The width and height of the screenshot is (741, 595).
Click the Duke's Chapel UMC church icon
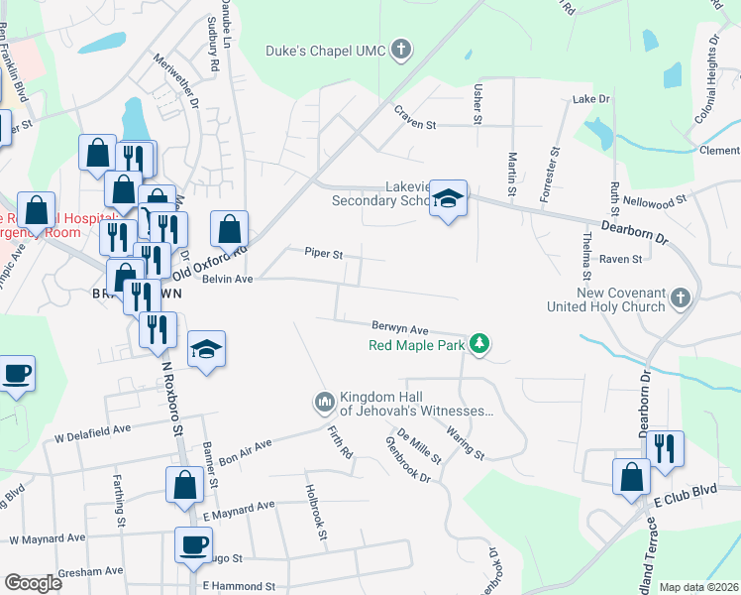pyautogui.click(x=401, y=50)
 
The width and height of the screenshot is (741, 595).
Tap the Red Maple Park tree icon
pyautogui.click(x=480, y=343)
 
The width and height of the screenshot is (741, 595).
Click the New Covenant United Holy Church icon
pyautogui.click(x=680, y=297)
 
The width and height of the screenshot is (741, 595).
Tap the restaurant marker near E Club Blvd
pyautogui.click(x=666, y=447)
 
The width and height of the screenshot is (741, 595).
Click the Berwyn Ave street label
pyautogui.click(x=399, y=328)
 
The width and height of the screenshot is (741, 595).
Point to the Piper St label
pyautogui.click(x=323, y=254)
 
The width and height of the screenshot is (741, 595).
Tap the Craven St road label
pyautogui.click(x=415, y=125)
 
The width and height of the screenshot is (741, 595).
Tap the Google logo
pyautogui.click(x=33, y=582)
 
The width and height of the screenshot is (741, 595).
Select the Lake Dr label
pyautogui.click(x=591, y=100)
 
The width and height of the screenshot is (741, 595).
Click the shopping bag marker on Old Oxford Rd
pyautogui.click(x=230, y=228)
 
